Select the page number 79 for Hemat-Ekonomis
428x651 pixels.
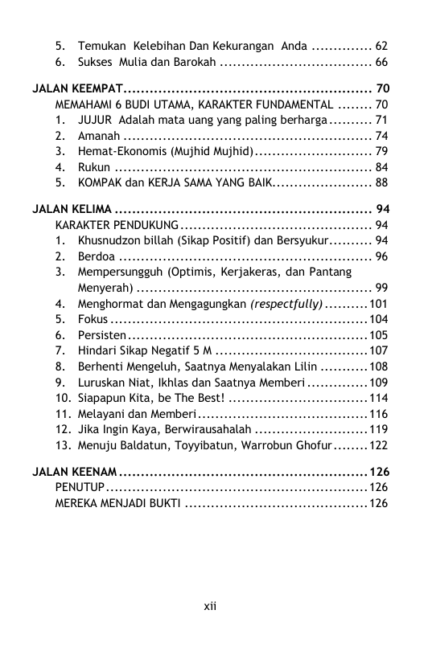(x=382, y=151)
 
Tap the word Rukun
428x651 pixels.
(x=93, y=167)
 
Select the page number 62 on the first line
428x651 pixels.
(x=382, y=46)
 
